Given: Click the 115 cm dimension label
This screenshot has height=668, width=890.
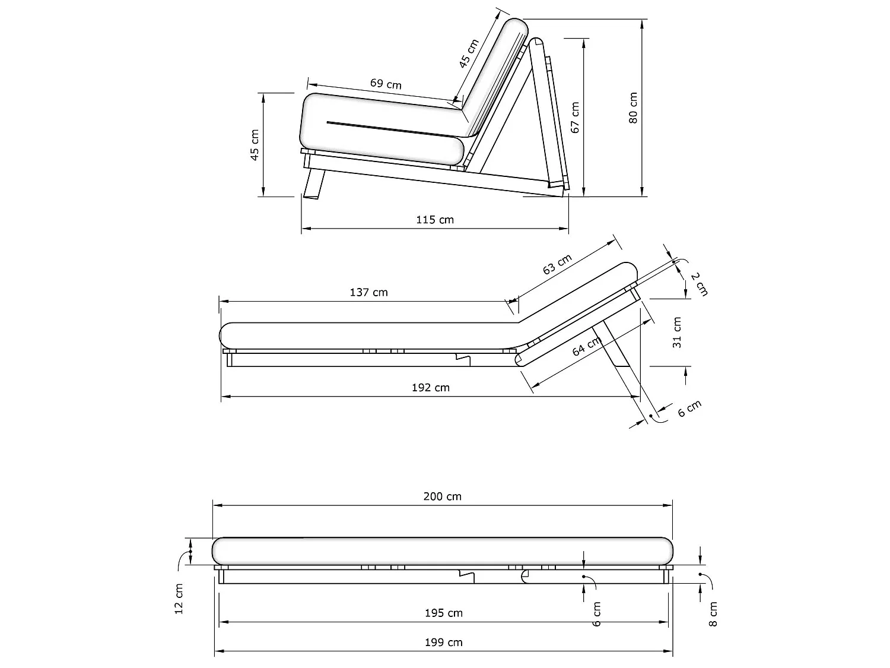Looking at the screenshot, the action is [x=435, y=220].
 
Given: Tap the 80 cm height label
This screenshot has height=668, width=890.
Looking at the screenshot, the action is [x=633, y=108].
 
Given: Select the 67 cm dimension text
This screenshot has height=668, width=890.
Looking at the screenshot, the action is [x=575, y=118].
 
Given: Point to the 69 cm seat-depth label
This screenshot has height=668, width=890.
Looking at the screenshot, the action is [x=386, y=84].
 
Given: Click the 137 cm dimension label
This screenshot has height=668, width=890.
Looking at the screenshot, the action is [x=368, y=292].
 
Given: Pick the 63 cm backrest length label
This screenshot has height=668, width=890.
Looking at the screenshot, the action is [x=557, y=264].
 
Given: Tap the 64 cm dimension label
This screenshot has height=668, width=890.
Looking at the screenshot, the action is [x=586, y=347].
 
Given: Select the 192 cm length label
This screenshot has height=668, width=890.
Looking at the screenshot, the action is [x=431, y=388].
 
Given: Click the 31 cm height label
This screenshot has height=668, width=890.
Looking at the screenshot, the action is [x=677, y=333].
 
